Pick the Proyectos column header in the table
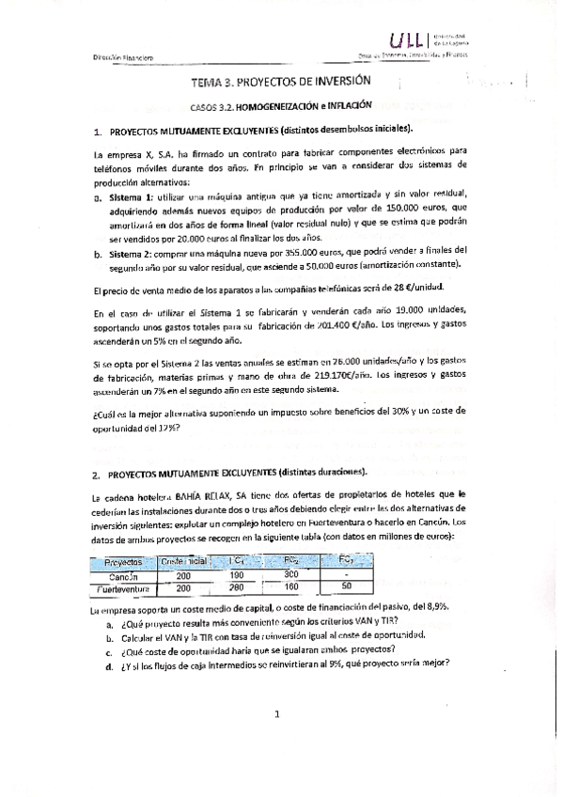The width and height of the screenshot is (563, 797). point(117,561)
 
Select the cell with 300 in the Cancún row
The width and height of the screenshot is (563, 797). point(290,573)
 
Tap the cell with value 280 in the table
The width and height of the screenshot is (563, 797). point(238,586)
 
